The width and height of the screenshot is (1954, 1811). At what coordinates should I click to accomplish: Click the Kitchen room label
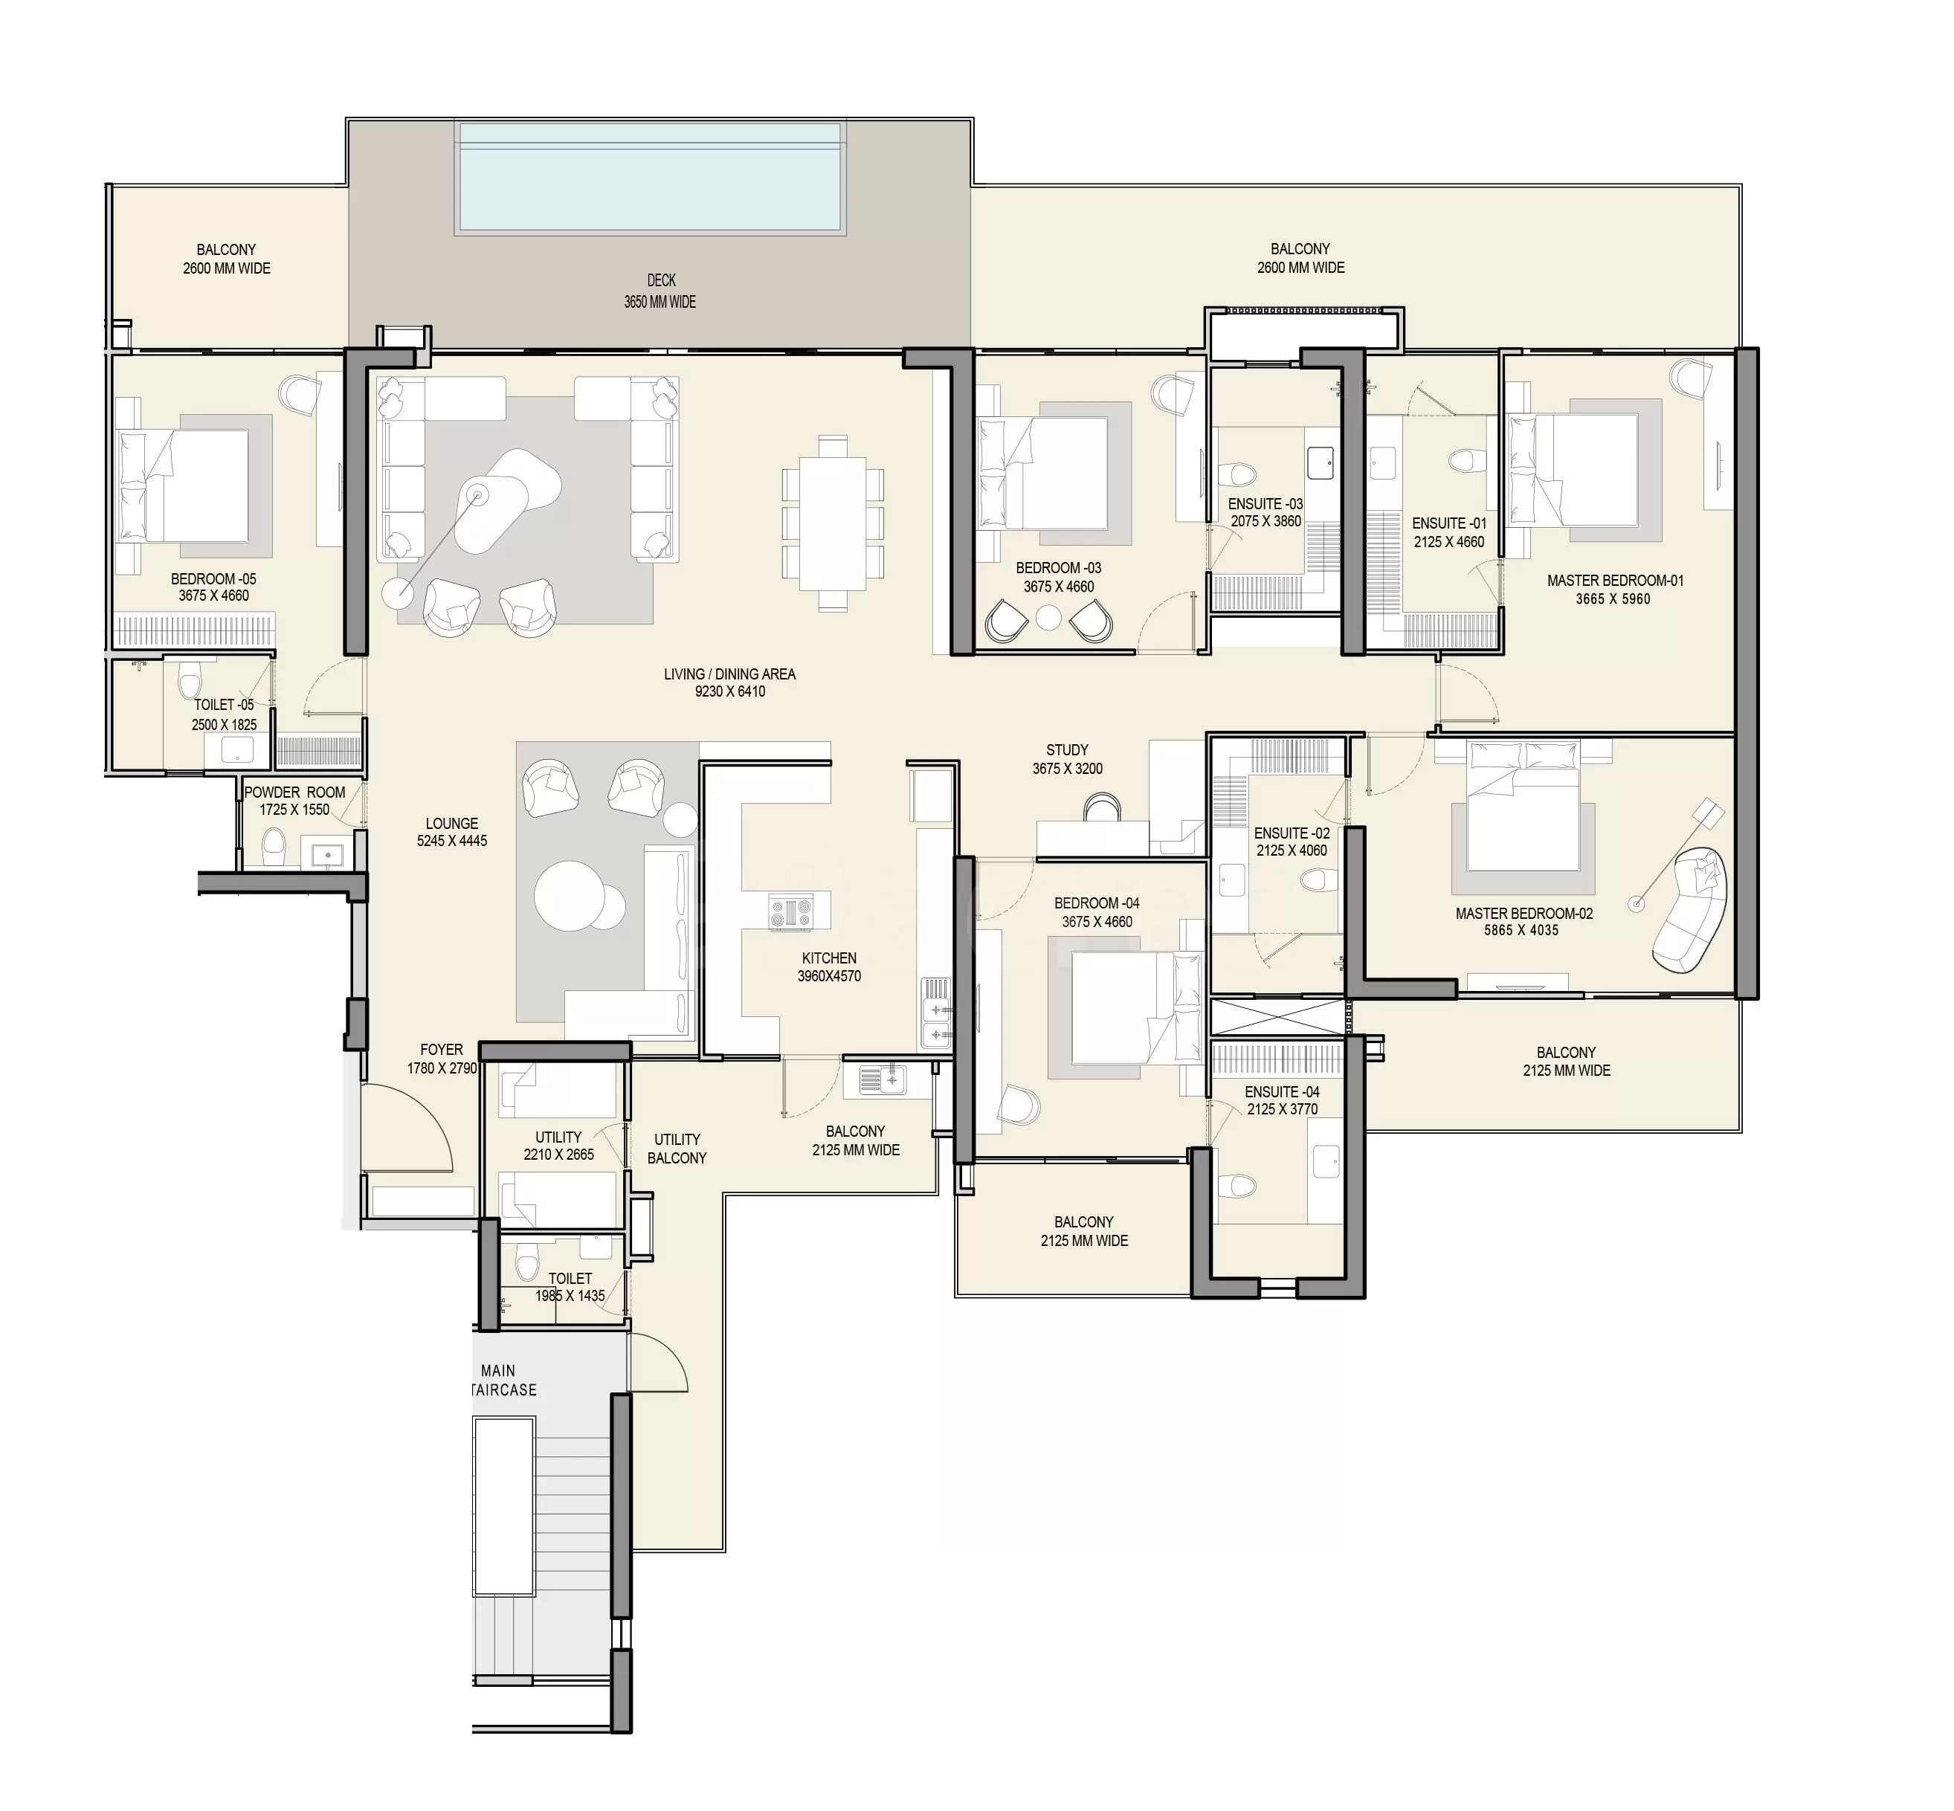click(x=829, y=958)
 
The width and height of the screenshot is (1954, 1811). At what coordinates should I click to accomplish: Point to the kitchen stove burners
click(x=791, y=914)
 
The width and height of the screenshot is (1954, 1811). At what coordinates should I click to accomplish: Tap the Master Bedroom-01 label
click(x=1615, y=580)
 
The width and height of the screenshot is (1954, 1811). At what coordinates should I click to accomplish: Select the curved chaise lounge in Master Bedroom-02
click(x=1689, y=911)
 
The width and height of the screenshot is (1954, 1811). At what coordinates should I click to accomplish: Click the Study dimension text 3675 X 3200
click(x=1067, y=768)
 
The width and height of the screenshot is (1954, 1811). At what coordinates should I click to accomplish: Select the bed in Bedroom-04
click(x=1137, y=1007)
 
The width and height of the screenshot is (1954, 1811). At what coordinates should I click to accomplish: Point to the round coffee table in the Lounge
click(x=567, y=893)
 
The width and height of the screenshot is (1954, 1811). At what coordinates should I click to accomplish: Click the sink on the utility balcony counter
click(x=882, y=1080)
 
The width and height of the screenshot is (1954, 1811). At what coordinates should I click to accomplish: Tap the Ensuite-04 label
click(x=1282, y=1091)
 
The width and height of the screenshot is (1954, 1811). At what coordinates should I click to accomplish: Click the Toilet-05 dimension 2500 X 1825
click(x=225, y=725)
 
